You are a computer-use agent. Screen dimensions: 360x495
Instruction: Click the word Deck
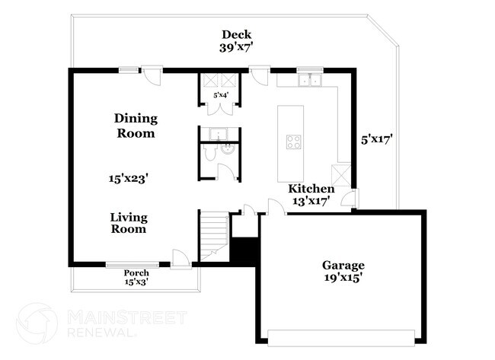tap(236, 34)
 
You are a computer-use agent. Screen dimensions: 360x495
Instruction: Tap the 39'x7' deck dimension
tap(236, 47)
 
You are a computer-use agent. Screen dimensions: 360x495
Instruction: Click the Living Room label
tap(129, 222)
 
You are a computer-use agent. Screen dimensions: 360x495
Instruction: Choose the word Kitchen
tap(311, 189)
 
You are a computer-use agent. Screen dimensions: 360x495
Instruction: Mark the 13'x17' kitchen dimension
tap(311, 202)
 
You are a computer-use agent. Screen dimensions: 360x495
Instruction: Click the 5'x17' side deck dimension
tap(376, 139)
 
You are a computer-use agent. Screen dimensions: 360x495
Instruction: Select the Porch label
tap(136, 273)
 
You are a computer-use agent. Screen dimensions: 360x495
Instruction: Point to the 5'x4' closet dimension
tap(220, 95)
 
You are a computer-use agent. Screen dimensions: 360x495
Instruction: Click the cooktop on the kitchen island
tap(294, 140)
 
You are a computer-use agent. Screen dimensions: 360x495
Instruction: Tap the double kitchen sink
tap(310, 78)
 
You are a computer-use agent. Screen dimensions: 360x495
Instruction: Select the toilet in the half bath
tap(209, 155)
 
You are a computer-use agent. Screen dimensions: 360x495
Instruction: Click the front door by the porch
tap(180, 260)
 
